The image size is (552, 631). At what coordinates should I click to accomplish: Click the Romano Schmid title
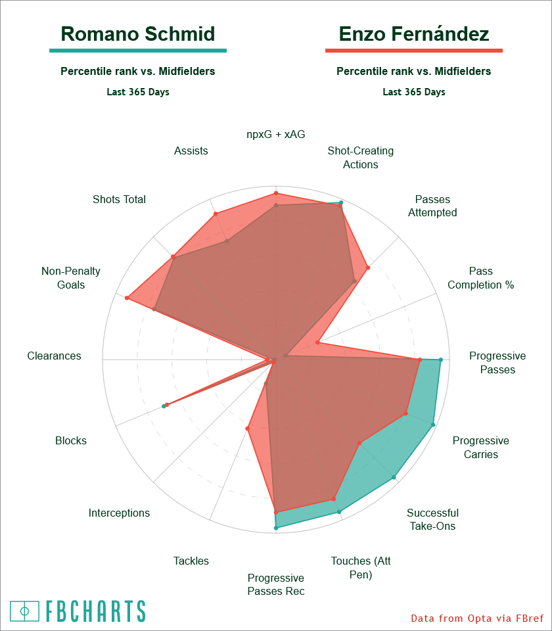tap(138, 34)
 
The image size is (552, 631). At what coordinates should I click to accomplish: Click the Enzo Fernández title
tap(414, 34)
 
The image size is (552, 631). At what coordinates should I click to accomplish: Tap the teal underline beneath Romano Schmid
tap(138, 51)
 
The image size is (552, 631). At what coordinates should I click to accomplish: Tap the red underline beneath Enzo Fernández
tap(414, 51)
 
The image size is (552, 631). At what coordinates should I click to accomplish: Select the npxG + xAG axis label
tap(276, 134)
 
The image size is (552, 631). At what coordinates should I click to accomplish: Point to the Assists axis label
tap(191, 151)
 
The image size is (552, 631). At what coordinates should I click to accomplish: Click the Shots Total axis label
tap(119, 199)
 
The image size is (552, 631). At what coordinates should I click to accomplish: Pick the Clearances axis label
tap(55, 356)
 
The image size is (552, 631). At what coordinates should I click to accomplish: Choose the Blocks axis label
tap(71, 441)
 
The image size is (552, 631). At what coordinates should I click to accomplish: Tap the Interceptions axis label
tap(119, 513)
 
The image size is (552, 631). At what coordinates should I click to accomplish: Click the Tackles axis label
tap(191, 561)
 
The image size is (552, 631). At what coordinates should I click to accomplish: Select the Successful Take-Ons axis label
tap(432, 519)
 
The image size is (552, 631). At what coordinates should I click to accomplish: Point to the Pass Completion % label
tap(480, 278)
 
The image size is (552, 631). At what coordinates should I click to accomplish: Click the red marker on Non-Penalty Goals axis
tap(127, 298)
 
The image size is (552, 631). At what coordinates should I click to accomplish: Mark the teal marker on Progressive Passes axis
tap(440, 360)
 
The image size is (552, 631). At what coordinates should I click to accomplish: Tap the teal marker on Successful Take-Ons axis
tap(394, 478)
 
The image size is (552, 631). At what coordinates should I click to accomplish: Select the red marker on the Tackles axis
tap(248, 429)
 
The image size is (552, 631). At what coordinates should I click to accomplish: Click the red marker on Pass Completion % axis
tap(318, 342)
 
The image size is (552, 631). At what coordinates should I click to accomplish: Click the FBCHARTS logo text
tap(95, 611)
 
